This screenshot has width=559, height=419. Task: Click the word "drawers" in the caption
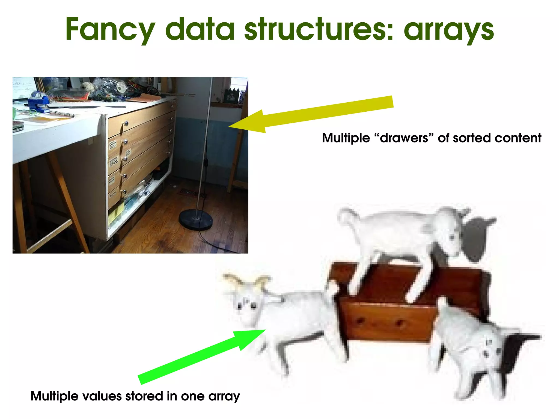pos(404,138)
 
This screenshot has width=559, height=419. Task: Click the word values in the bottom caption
pos(102,396)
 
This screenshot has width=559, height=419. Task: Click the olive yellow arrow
pos(311,114)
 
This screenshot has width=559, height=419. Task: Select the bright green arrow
pos(202,356)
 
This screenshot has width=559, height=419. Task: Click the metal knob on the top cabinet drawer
pos(126,124)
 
